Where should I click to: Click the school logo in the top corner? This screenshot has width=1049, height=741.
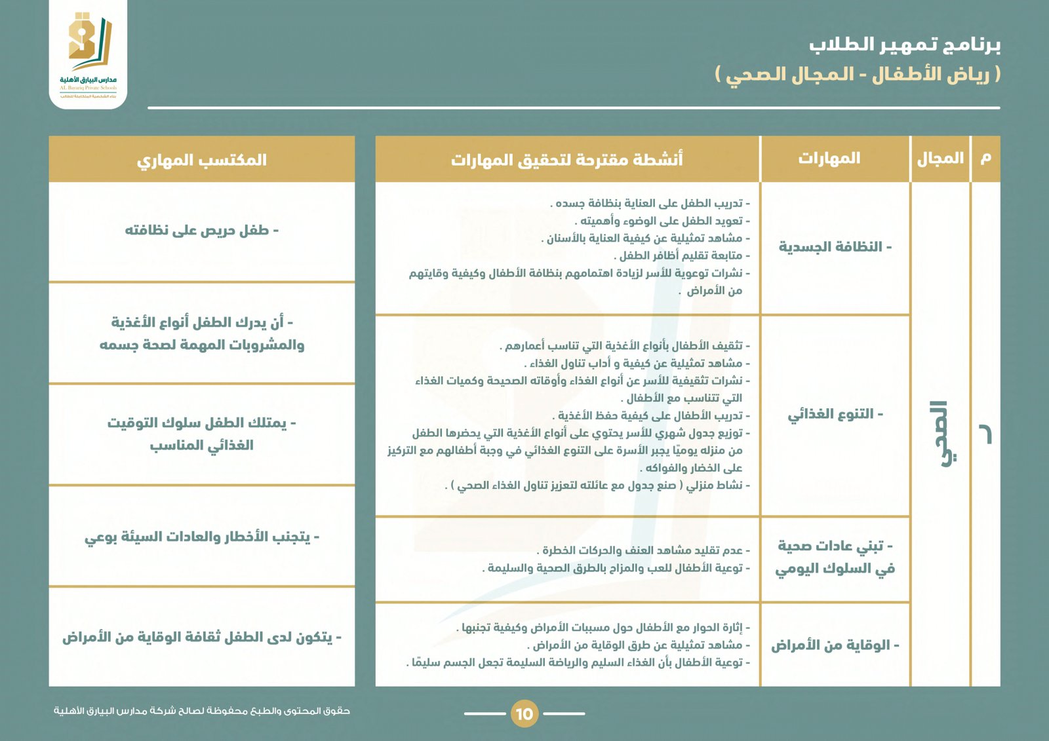coord(89,52)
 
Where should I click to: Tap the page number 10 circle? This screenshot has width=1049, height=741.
coord(524,713)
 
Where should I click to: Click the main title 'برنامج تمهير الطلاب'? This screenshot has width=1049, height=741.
coord(904,45)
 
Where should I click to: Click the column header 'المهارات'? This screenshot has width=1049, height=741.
coord(829,159)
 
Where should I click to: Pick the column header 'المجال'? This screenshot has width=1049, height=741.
coord(940,159)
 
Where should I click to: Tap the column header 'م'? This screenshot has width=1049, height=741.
coord(985,159)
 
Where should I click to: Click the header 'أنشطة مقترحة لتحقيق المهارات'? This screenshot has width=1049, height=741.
coord(566,159)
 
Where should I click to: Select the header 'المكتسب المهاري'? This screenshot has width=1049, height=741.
coord(201,160)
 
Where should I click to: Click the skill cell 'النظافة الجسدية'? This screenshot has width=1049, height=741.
coord(835,247)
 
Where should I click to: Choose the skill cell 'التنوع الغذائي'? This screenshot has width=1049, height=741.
coord(835,414)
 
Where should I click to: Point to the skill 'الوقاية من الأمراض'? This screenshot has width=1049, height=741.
coord(835,645)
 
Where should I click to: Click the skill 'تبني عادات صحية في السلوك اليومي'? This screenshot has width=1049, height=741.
coord(835,558)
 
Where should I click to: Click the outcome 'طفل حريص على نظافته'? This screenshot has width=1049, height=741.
coord(201,231)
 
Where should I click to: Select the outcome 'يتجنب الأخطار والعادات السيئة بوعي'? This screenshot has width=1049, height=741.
coord(201,537)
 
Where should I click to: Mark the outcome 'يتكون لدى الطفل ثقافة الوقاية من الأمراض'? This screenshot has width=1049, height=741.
coord(201,637)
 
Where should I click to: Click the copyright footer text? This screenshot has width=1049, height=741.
coord(201,711)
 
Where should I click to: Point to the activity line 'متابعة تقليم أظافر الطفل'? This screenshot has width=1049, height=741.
coord(682,256)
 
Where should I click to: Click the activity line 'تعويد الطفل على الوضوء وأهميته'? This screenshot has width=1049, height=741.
coord(662,221)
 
